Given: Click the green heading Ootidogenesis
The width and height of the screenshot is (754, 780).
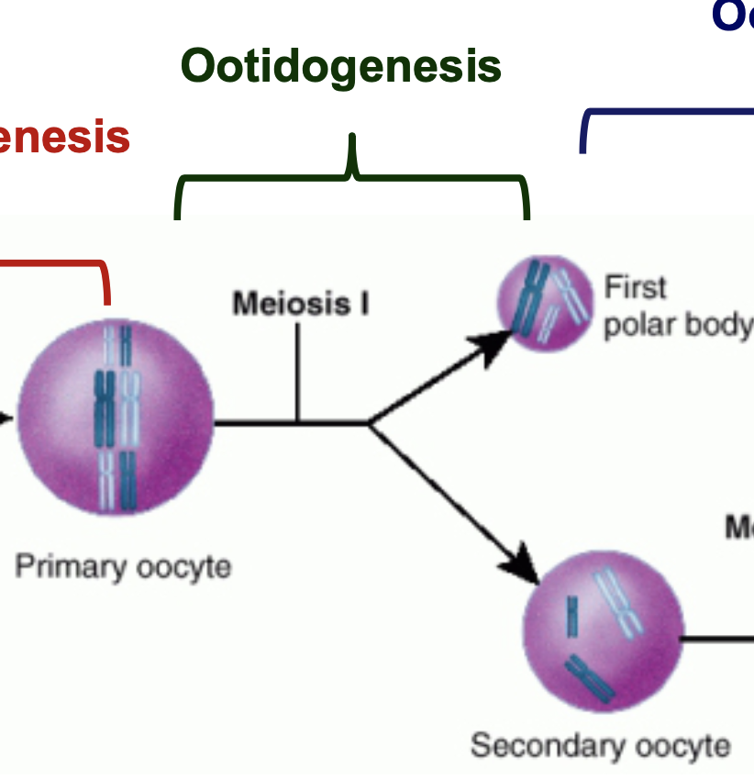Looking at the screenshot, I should pyautogui.click(x=341, y=66).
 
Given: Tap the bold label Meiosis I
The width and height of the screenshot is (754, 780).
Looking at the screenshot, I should pyautogui.click(x=300, y=303).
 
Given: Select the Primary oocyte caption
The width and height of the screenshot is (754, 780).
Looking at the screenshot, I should pyautogui.click(x=122, y=566).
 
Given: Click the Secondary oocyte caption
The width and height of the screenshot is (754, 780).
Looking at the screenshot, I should pyautogui.click(x=600, y=745).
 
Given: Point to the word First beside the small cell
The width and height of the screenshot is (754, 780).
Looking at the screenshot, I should pyautogui.click(x=635, y=287).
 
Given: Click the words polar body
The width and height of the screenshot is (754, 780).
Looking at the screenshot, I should pyautogui.click(x=677, y=326).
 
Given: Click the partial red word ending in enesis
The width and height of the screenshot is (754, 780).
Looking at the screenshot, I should pyautogui.click(x=64, y=138).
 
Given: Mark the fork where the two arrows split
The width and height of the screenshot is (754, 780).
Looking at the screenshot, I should pyautogui.click(x=369, y=423).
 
